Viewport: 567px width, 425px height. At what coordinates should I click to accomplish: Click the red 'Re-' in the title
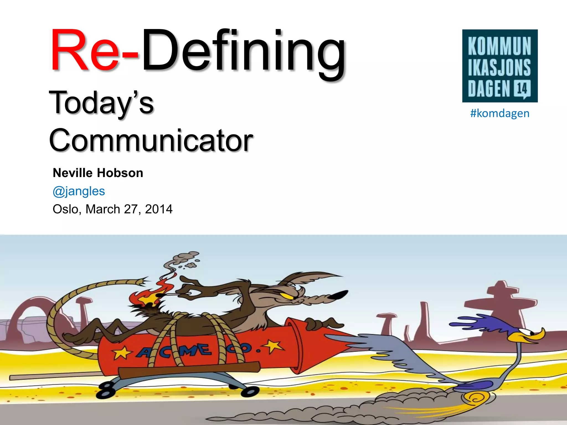(x=94, y=51)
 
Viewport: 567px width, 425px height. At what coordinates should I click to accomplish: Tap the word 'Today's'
(x=101, y=103)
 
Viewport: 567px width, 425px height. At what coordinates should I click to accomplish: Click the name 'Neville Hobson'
(x=98, y=173)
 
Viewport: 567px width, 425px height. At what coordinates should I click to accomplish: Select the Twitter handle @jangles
(x=79, y=191)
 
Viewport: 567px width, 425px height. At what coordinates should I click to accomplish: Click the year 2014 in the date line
(x=159, y=209)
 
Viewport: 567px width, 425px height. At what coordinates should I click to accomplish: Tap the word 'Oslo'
(x=66, y=209)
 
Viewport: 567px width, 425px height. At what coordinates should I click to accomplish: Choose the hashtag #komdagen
(x=500, y=113)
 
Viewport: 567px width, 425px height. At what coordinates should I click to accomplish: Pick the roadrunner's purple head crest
(x=471, y=322)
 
